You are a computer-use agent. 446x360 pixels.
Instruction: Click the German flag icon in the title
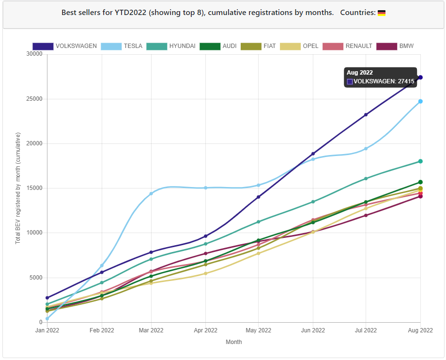point(382,13)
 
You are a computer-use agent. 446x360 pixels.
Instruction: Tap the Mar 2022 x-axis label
point(151,330)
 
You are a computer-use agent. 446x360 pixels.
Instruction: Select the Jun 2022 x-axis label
point(313,330)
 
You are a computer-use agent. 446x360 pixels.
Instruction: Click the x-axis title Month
point(233,342)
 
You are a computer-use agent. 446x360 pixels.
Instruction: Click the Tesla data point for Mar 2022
point(151,193)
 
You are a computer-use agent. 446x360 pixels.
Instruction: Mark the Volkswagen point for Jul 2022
point(366,115)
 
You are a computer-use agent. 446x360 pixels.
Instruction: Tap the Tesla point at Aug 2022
point(420,101)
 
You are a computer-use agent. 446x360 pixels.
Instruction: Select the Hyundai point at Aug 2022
point(420,161)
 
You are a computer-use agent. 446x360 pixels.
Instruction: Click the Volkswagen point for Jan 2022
point(47,298)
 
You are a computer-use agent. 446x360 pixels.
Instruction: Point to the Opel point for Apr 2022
point(205,273)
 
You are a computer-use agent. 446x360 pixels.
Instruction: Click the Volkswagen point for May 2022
point(259,197)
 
